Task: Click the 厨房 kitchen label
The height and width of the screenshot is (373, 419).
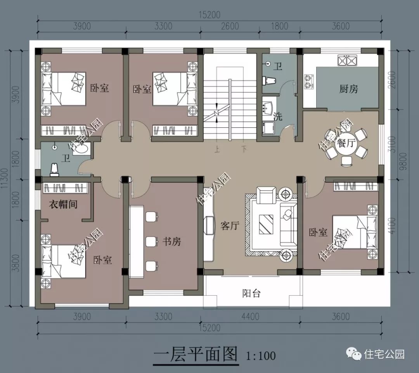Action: pos(348,89)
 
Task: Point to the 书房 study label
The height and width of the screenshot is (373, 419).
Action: pos(171,242)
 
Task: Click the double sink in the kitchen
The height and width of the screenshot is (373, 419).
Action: pos(347,61)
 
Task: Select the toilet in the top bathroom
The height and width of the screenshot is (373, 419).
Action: pos(269,80)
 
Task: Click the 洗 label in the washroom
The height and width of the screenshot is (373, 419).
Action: pos(278,116)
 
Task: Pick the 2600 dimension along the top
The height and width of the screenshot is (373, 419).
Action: pos(230,26)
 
